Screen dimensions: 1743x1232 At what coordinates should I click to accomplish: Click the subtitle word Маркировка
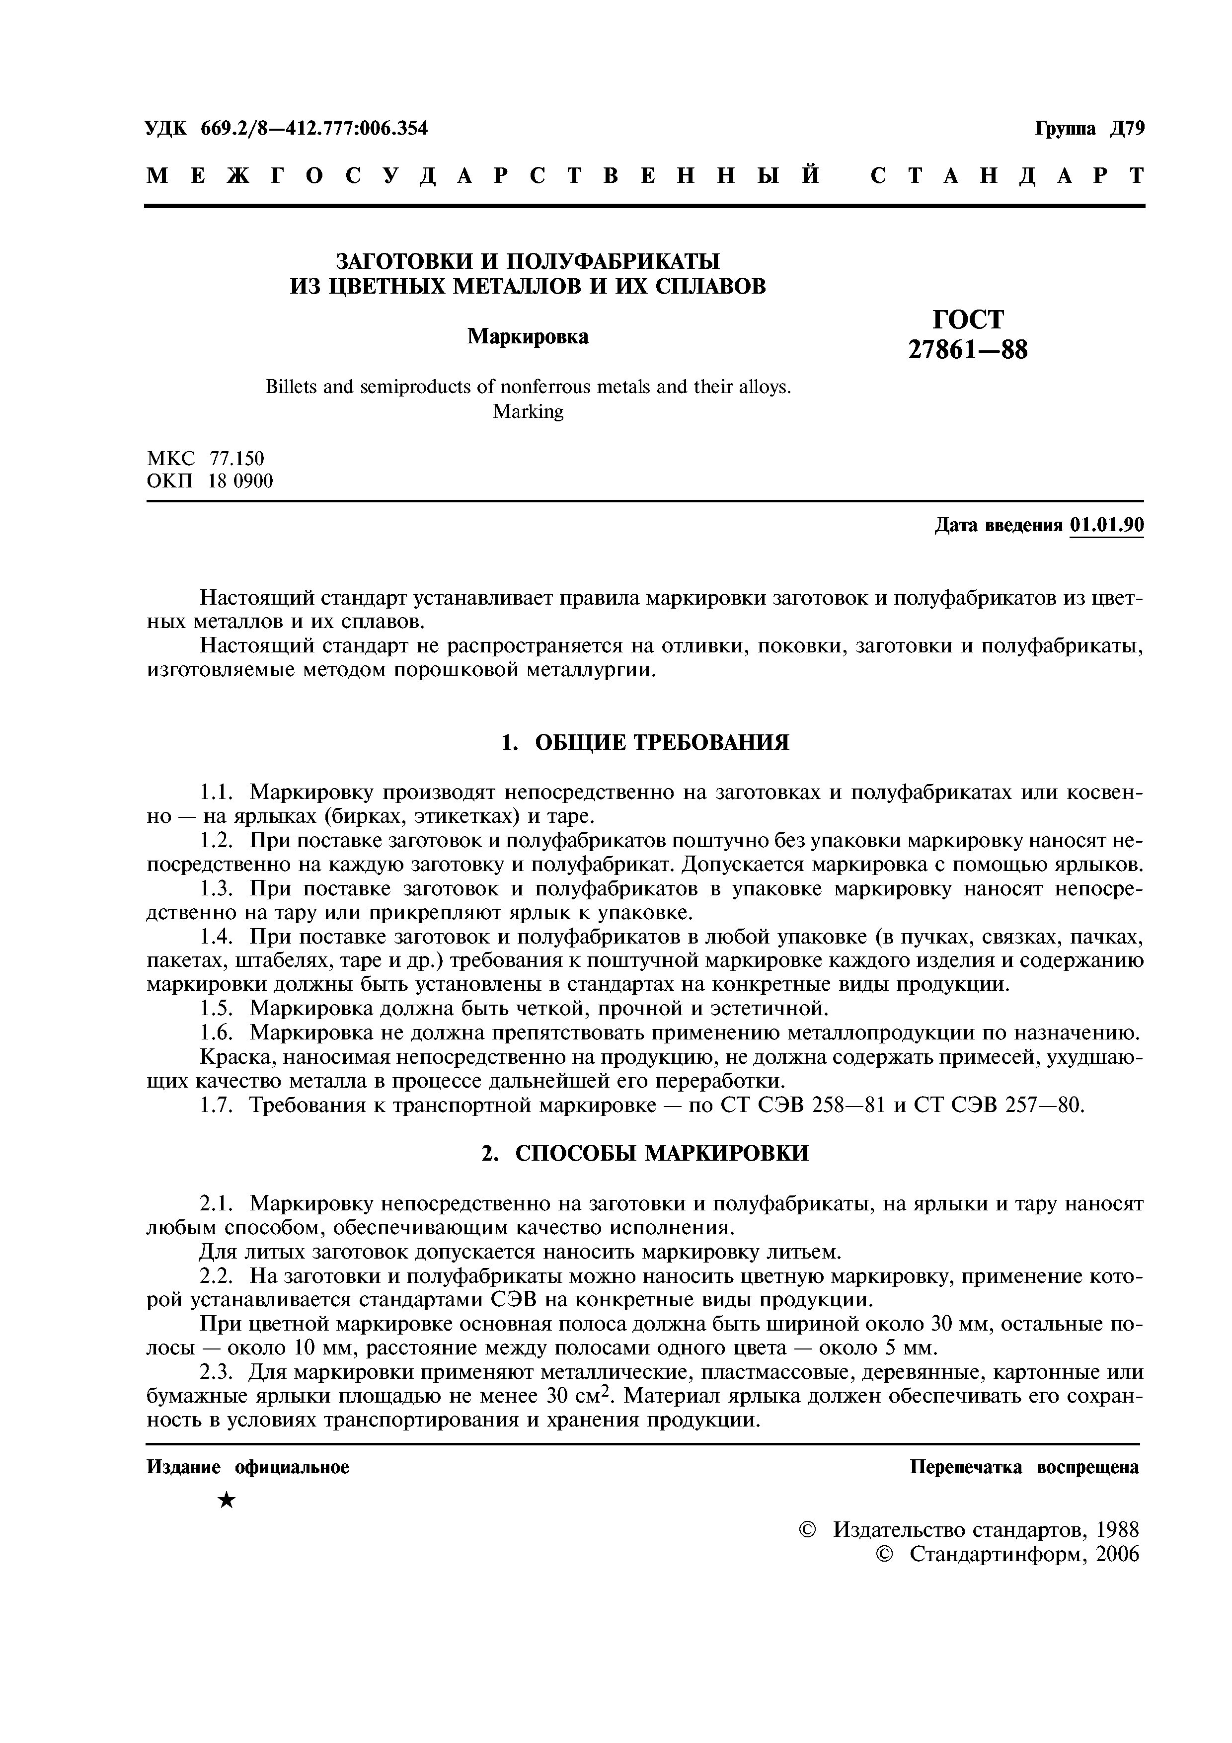528,335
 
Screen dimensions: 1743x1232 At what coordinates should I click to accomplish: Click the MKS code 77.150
237,459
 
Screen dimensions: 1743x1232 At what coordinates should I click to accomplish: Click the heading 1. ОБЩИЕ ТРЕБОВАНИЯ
645,742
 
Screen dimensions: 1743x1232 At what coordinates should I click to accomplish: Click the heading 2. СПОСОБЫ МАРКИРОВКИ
645,1153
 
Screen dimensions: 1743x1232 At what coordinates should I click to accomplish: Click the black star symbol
226,1501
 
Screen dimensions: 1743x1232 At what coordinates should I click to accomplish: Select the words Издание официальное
247,1467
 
